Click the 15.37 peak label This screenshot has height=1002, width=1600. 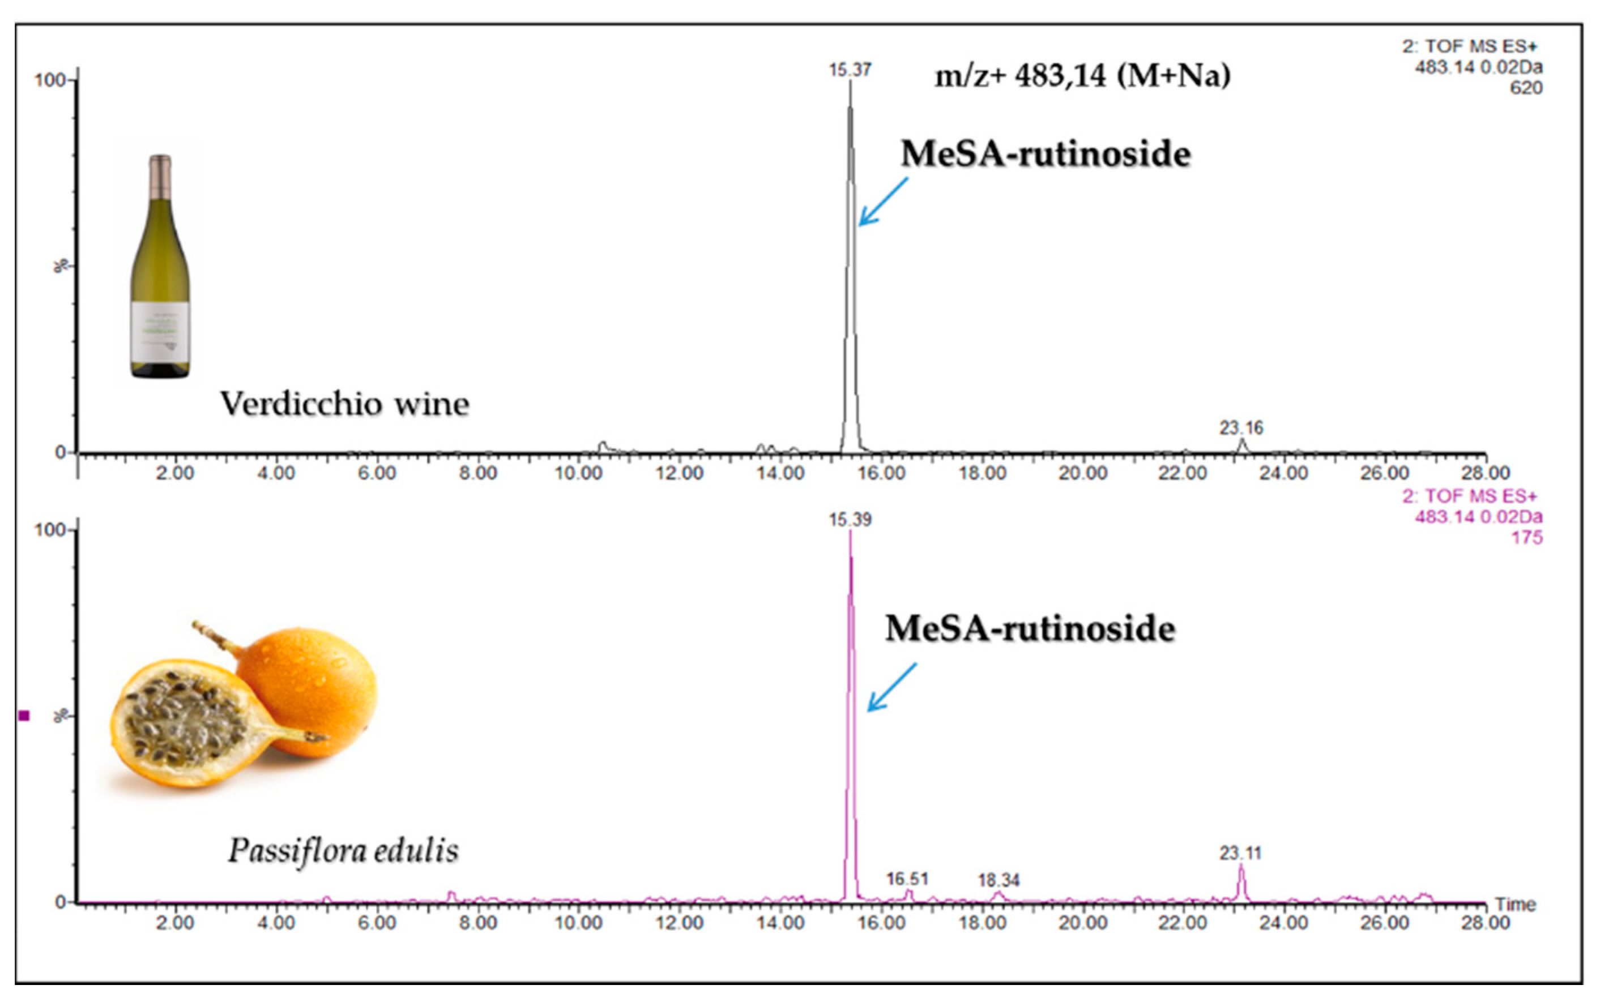click(850, 70)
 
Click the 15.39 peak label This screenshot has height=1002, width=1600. click(850, 520)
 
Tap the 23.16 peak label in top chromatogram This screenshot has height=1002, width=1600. click(1241, 428)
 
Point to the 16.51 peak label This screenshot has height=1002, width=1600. click(907, 879)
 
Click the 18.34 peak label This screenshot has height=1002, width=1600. click(998, 880)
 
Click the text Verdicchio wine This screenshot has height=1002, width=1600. click(345, 403)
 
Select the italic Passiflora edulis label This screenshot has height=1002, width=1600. click(343, 850)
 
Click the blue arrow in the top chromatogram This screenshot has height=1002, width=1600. click(883, 202)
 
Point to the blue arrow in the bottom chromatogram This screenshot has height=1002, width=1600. click(891, 687)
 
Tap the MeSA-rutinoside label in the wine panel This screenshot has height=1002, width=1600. click(1045, 154)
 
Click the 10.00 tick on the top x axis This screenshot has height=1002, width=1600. click(578, 473)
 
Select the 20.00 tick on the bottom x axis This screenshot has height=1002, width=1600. click(1082, 923)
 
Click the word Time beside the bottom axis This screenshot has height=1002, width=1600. click(1515, 905)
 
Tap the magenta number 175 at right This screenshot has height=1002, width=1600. click(1526, 537)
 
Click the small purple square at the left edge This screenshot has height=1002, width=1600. click(24, 716)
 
